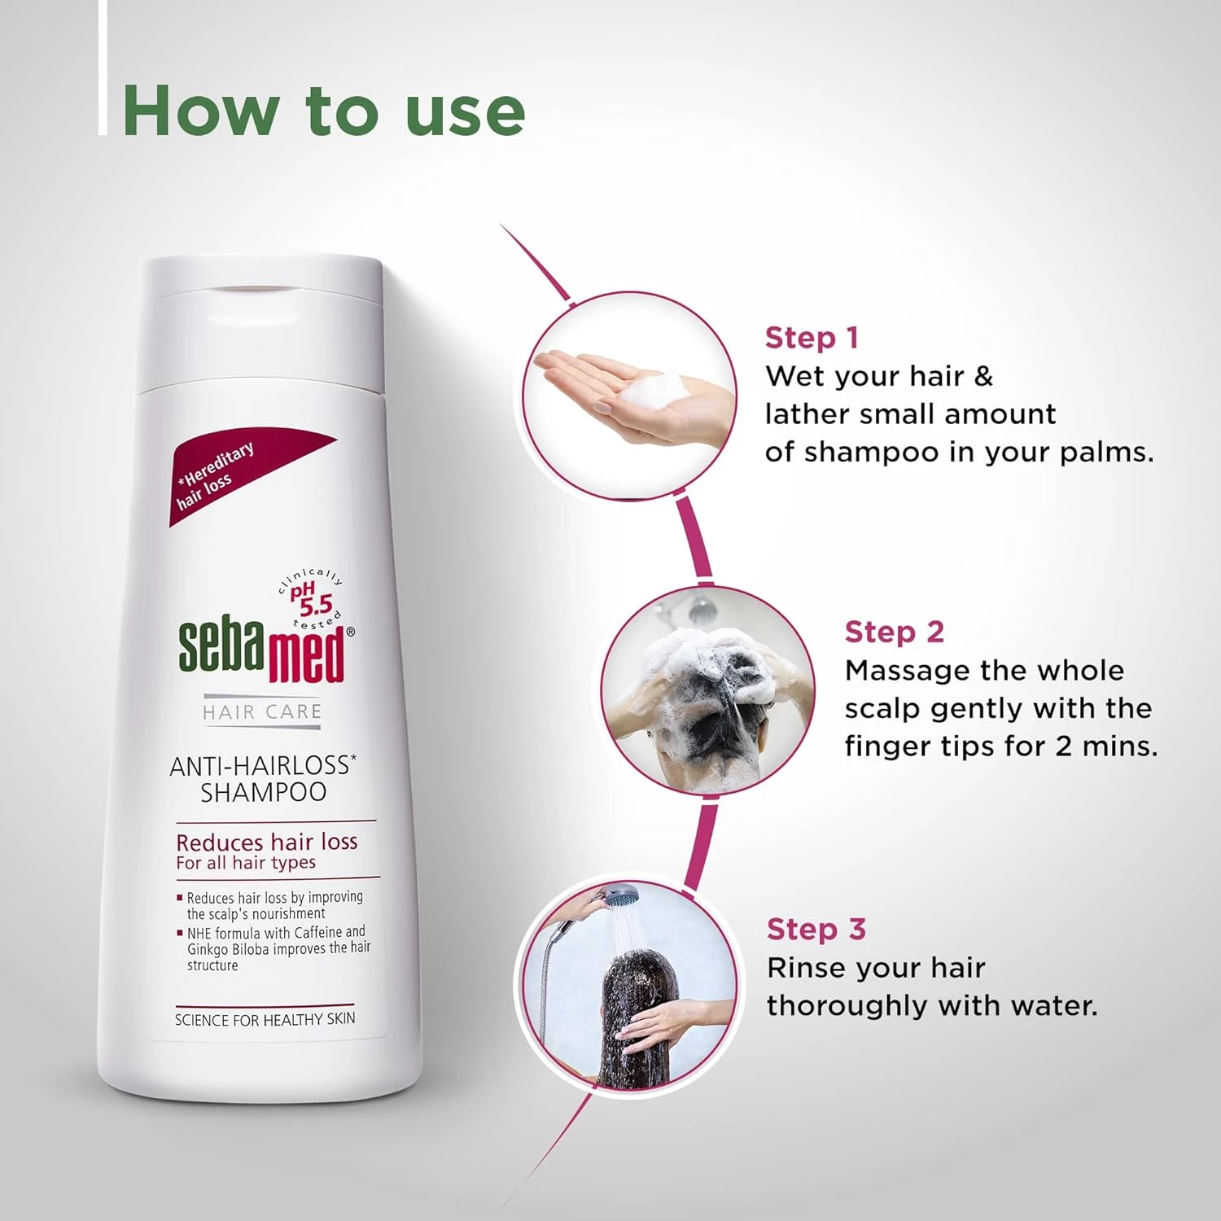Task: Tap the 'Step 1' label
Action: coord(811,338)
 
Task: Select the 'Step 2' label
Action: coord(894,632)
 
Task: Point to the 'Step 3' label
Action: coord(816,929)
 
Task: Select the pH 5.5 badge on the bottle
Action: coord(313,598)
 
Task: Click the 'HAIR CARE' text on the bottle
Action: coord(262,712)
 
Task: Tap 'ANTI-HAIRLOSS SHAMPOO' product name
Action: coord(263,778)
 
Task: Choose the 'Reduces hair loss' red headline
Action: coord(267,842)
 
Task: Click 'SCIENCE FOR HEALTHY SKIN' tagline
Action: coord(265,1019)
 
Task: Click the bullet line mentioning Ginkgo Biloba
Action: coord(277,948)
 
